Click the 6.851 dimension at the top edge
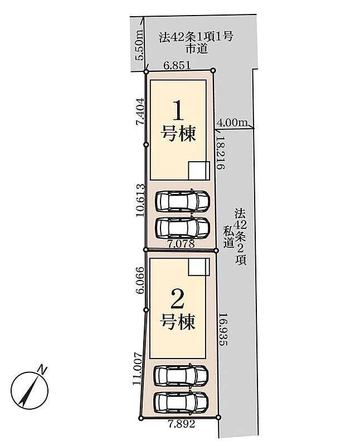coord(177,65)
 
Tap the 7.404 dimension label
coord(140,111)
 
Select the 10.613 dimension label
coord(140,201)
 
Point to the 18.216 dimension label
coord(220,152)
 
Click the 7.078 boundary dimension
coord(181,244)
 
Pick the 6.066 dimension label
coord(140,280)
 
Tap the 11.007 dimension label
coord(137,369)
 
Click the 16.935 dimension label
coord(223,329)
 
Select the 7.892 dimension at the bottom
coord(182,424)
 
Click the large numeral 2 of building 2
coord(177,298)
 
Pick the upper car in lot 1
coord(183,201)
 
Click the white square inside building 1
coord(199,171)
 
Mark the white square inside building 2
coord(199,267)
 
